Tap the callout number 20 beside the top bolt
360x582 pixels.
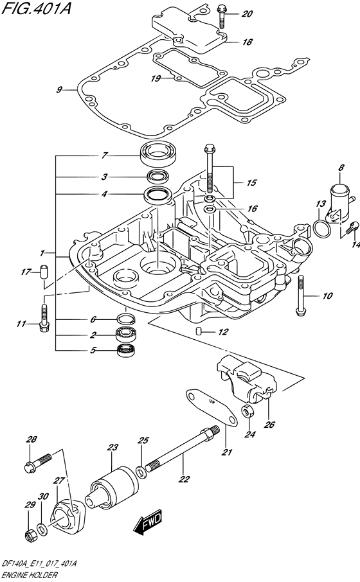tap(248, 13)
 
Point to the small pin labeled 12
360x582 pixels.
tap(199, 331)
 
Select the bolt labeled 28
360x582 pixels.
tap(40, 462)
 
